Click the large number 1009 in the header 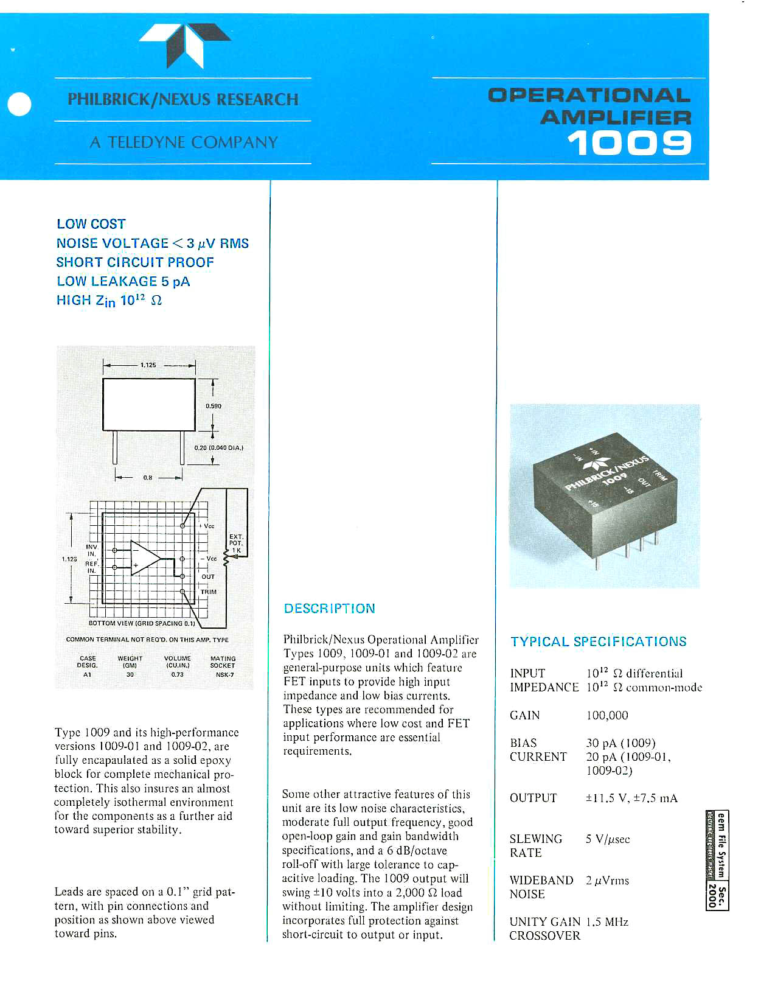(629, 144)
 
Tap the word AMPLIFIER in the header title (616, 117)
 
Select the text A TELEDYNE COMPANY (184, 142)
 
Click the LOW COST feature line (91, 224)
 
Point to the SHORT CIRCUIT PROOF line (135, 262)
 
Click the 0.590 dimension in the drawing (214, 406)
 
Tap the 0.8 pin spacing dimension (148, 478)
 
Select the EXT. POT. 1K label (236, 543)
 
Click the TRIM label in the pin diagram (209, 592)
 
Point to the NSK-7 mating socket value (224, 674)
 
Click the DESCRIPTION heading (330, 609)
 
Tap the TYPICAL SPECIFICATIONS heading (599, 641)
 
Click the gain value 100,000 (607, 715)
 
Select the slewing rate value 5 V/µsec (608, 839)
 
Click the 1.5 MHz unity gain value (607, 922)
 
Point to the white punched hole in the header (19, 104)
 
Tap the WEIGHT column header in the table (130, 659)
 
